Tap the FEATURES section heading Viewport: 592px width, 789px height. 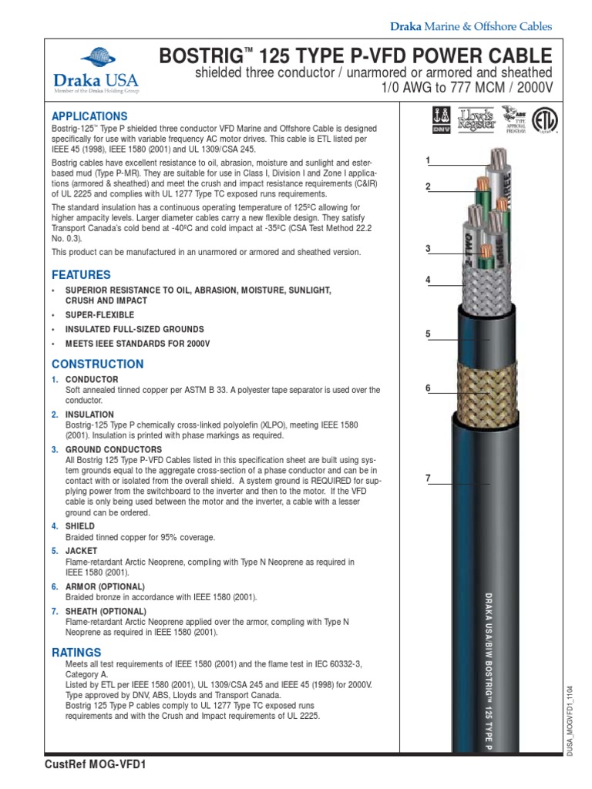click(x=81, y=274)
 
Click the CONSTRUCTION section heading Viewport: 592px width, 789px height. click(x=97, y=364)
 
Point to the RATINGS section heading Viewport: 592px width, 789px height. click(x=76, y=652)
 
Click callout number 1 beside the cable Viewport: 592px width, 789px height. click(x=427, y=160)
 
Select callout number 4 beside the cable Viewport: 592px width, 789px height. click(x=427, y=280)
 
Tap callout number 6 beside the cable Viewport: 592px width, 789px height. click(x=427, y=388)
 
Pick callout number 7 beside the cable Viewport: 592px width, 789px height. click(x=427, y=478)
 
